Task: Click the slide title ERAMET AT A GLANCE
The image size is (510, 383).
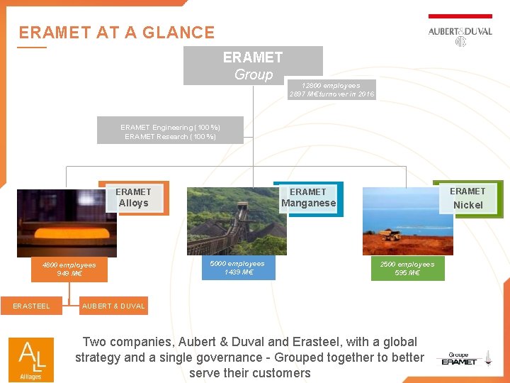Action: [x=116, y=33]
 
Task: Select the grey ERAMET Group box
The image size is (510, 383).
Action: [x=253, y=65]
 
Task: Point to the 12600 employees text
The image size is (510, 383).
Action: [x=331, y=85]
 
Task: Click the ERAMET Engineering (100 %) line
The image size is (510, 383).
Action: [x=170, y=127]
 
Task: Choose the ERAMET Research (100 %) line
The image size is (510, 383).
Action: [x=170, y=136]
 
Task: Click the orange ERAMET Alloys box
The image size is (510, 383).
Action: [x=134, y=197]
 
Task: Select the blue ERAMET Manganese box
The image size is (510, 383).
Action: [x=308, y=197]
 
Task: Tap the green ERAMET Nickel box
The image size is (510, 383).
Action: [x=467, y=198]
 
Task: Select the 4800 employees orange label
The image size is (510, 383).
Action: [x=69, y=269]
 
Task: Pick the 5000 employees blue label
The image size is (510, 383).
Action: [x=237, y=267]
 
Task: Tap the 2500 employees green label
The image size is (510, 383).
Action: [x=407, y=268]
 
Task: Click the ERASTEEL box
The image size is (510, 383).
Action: [x=32, y=306]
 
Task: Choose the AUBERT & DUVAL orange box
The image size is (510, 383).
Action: [x=114, y=306]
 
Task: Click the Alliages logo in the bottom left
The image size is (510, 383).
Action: [x=30, y=357]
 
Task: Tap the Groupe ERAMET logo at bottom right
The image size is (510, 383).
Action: [x=460, y=359]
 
